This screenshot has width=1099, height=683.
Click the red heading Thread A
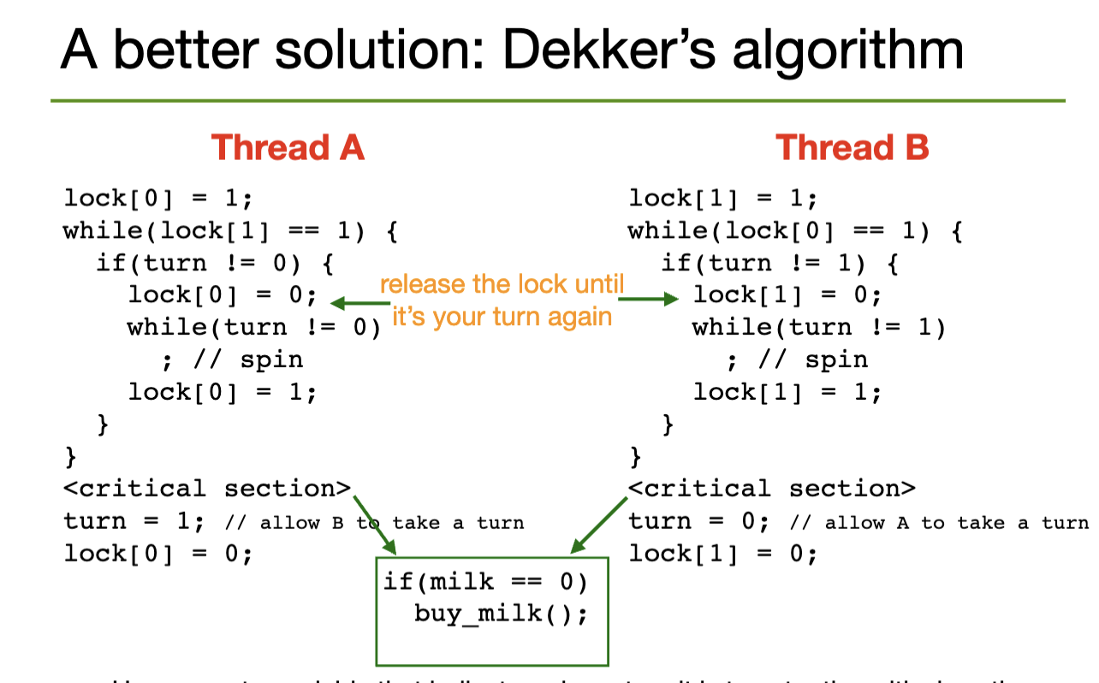(288, 147)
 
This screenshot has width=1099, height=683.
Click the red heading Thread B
(852, 147)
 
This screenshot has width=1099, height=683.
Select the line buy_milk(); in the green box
(501, 614)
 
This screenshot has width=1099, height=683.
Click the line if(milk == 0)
(485, 582)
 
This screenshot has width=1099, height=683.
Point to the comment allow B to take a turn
(374, 522)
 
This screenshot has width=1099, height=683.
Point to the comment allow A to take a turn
(939, 522)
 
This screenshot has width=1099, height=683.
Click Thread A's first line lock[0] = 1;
(158, 199)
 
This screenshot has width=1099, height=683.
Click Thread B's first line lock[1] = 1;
(723, 199)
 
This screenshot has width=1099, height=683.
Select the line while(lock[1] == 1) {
(230, 231)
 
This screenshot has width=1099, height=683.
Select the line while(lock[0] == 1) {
(795, 231)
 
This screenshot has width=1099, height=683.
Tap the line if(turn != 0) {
(214, 263)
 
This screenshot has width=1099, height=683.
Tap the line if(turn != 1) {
(779, 263)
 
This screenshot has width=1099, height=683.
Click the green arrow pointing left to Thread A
(359, 302)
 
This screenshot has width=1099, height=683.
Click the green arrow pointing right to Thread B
(647, 299)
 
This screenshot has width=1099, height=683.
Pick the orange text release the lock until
(502, 284)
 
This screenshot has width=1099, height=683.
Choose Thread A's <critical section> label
(207, 489)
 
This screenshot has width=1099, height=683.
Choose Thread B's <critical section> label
(772, 489)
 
